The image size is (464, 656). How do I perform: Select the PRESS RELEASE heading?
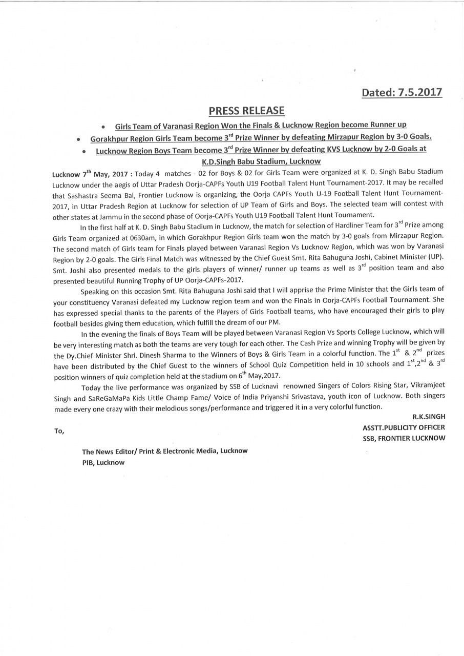coord(246,111)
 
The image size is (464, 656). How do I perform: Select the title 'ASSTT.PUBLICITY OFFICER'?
coord(404,427)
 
